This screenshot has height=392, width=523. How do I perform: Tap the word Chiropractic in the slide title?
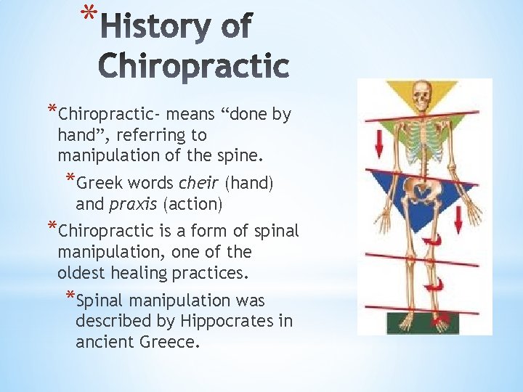point(193,67)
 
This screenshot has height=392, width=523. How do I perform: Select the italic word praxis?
point(134,204)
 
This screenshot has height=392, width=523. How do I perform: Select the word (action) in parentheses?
point(193,204)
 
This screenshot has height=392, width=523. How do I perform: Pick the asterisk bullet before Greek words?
point(70,181)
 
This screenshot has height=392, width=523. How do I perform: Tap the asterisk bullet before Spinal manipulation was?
point(70,298)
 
